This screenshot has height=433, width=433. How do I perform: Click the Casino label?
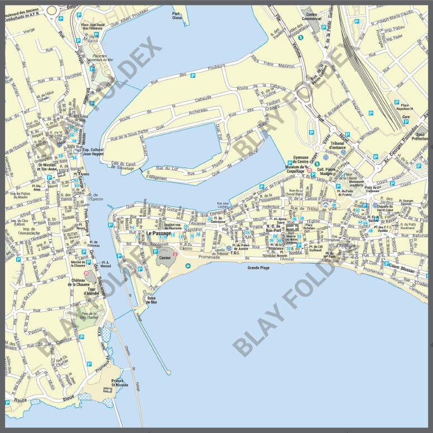(165, 258)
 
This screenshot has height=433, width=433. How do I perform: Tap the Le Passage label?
(159, 233)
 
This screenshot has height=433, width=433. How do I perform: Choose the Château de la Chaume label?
(78, 283)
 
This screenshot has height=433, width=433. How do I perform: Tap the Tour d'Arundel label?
(91, 291)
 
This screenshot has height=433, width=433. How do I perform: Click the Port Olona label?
(177, 16)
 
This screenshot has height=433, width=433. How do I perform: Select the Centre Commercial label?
(311, 16)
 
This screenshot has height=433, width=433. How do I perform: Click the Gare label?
(406, 118)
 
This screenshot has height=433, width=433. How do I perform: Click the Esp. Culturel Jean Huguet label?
(94, 152)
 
